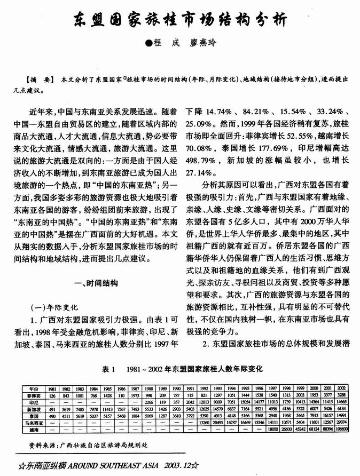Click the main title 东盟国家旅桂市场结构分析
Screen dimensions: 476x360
(x=179, y=20)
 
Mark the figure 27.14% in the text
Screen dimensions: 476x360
(x=200, y=173)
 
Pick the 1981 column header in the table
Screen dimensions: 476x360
(x=52, y=388)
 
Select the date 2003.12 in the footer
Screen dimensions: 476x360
(x=176, y=465)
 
